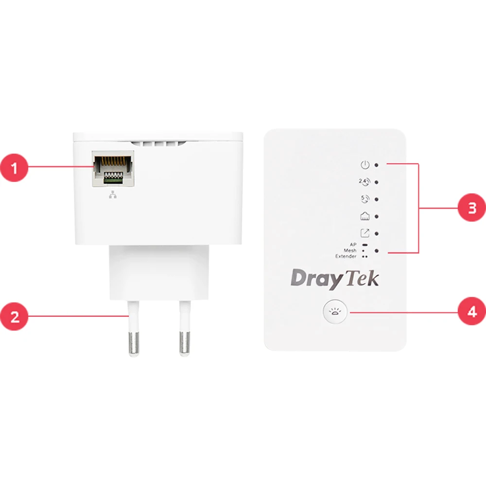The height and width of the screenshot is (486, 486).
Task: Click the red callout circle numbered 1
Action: coord(14,168)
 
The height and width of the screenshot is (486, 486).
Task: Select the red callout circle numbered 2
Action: coord(14,316)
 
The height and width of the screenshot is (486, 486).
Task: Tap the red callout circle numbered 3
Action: coord(472,208)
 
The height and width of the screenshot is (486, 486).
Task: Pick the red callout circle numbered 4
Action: coord(472,311)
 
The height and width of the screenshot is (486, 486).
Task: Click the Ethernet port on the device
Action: coord(113,169)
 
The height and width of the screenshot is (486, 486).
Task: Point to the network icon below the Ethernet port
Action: coord(113,194)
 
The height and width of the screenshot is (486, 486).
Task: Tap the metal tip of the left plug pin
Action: coord(134,343)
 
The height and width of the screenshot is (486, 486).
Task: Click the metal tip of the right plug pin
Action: coord(185,343)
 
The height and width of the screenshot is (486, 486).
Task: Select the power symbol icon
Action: coord(365,165)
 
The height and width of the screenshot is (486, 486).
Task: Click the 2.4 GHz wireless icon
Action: coord(364,182)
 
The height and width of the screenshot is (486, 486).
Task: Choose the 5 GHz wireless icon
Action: coord(365,199)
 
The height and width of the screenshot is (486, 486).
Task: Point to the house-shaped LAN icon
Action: coord(365,216)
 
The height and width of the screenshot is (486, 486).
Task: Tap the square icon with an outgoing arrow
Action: coord(365,233)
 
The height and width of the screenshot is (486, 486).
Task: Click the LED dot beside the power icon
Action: coord(376,165)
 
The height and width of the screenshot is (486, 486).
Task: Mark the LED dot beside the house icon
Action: coord(376,216)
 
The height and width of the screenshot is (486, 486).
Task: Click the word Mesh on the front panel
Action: coord(350,250)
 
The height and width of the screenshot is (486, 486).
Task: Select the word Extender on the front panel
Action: coord(346,256)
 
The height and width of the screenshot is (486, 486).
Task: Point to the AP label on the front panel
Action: coord(353,244)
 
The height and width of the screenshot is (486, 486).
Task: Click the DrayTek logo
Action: coord(335,278)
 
